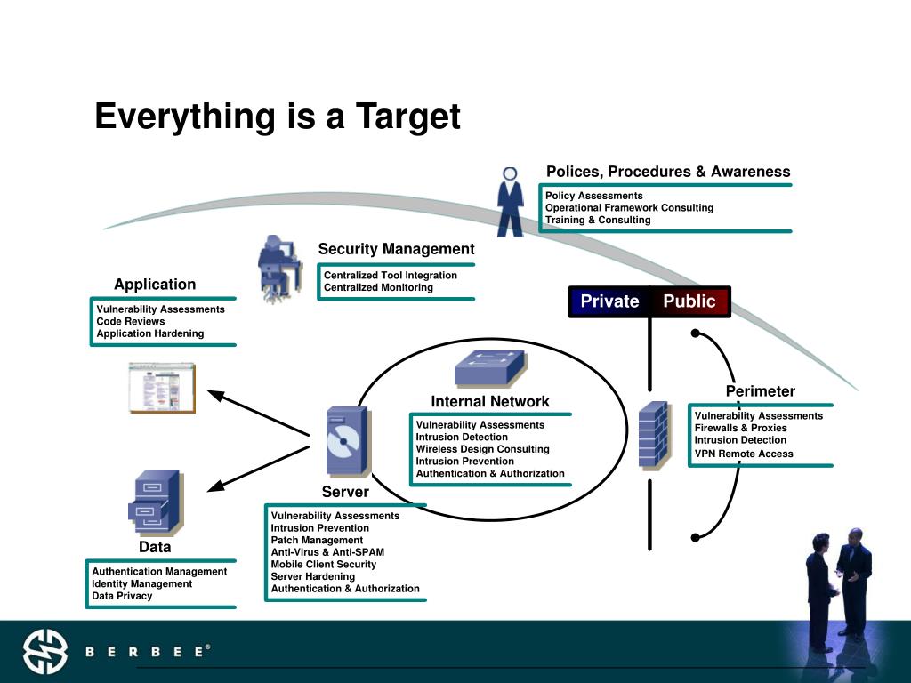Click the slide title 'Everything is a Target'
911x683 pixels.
click(x=278, y=117)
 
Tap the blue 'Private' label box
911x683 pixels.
click(x=609, y=301)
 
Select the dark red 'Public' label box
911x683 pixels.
click(x=689, y=301)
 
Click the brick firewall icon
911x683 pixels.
click(x=654, y=435)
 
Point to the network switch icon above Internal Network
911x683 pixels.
click(x=489, y=368)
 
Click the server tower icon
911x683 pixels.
click(x=347, y=442)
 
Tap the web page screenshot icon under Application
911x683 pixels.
click(x=161, y=387)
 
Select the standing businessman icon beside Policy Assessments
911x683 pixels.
click(x=510, y=203)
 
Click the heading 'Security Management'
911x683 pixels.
click(x=396, y=249)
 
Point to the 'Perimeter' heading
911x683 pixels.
click(x=760, y=391)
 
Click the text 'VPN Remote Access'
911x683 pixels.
click(x=743, y=454)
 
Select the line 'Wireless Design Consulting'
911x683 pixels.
click(x=482, y=449)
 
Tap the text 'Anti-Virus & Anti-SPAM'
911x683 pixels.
click(x=327, y=552)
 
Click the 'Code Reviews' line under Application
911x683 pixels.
click(x=131, y=321)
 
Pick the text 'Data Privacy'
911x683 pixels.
click(x=122, y=596)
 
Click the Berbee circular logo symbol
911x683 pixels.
click(x=44, y=652)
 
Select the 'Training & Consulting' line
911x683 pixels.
click(x=598, y=220)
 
